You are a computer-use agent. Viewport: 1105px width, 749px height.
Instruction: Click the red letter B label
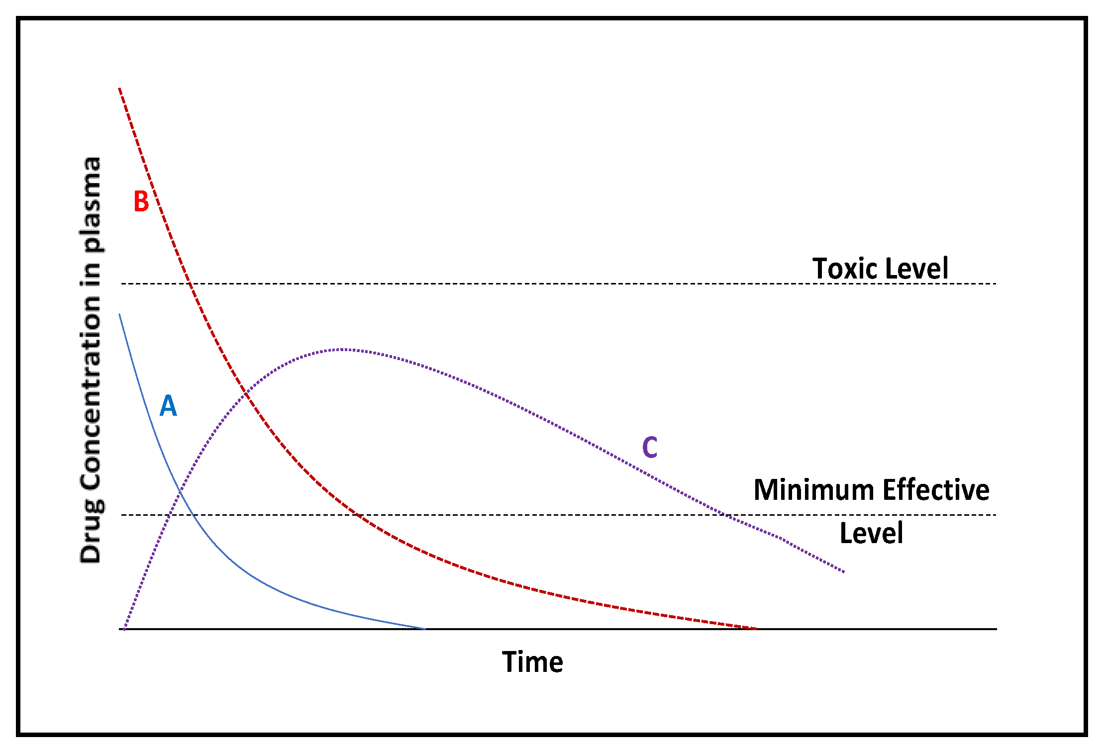pyautogui.click(x=141, y=201)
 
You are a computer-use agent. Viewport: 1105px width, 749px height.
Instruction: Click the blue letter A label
pyautogui.click(x=168, y=406)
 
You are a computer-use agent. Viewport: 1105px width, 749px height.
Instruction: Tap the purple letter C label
pyautogui.click(x=650, y=447)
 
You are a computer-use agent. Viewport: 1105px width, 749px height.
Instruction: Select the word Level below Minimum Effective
pyautogui.click(x=871, y=533)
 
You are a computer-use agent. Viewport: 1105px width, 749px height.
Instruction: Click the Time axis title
pyautogui.click(x=532, y=662)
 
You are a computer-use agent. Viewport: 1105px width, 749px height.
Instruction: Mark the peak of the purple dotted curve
pyautogui.click(x=343, y=349)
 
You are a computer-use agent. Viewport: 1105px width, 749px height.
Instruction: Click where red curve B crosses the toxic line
pyautogui.click(x=189, y=283)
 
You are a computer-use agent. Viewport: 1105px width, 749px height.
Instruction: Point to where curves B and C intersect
pyautogui.click(x=246, y=394)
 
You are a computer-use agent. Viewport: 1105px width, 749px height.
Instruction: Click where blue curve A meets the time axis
pyautogui.click(x=424, y=629)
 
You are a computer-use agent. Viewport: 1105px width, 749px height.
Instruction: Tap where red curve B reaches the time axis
pyautogui.click(x=756, y=629)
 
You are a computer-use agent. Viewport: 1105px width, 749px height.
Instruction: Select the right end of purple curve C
pyautogui.click(x=844, y=572)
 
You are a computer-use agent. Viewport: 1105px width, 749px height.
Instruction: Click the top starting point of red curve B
pyautogui.click(x=119, y=89)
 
